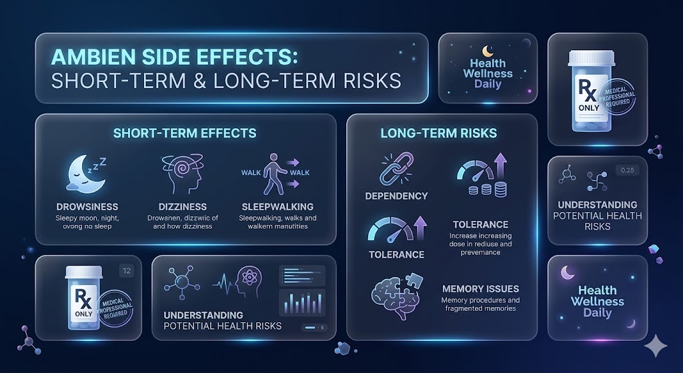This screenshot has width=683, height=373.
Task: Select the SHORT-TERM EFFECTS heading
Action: click(x=185, y=133)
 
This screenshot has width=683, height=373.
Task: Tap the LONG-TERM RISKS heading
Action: click(x=439, y=133)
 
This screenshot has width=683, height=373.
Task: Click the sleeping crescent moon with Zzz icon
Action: click(x=86, y=175)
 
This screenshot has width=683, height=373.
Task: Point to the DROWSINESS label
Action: click(x=87, y=207)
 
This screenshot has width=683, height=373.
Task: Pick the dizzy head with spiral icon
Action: click(x=183, y=174)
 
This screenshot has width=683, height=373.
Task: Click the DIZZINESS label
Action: click(x=183, y=207)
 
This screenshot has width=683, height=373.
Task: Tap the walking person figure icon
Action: click(x=275, y=174)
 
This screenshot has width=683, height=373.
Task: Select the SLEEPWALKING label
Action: click(x=277, y=207)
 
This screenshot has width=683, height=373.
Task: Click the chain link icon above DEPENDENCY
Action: click(x=396, y=169)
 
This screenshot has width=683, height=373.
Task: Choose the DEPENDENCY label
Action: click(x=396, y=196)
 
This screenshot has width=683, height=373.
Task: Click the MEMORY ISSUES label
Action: click(x=480, y=289)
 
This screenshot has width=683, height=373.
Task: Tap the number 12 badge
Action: click(x=127, y=271)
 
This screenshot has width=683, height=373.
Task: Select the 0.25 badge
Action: click(x=627, y=170)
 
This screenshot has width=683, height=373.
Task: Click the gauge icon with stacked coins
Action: click(x=482, y=175)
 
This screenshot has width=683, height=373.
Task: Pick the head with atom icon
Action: click(x=248, y=282)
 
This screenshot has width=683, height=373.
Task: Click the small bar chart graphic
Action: click(x=302, y=302)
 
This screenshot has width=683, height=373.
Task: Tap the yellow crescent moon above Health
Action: click(x=488, y=51)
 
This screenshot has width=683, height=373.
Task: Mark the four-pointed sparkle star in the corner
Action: click(x=656, y=346)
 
